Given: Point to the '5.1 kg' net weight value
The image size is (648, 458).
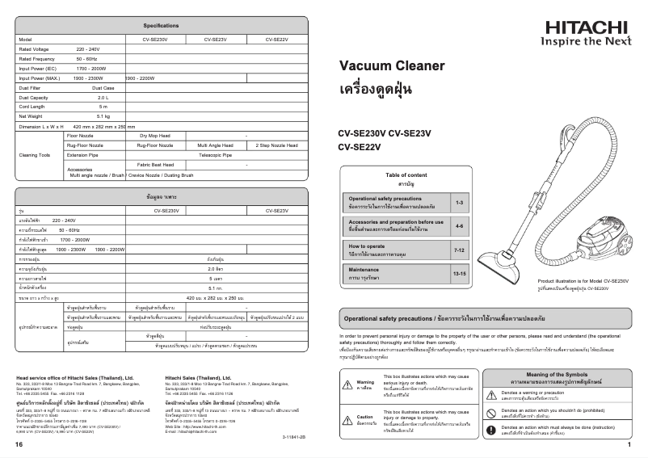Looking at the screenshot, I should (103, 116).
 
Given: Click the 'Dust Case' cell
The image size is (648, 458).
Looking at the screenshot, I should (103, 87).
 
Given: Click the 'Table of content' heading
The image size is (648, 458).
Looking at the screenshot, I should (406, 175).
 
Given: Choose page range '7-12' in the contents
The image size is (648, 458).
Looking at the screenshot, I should (459, 251).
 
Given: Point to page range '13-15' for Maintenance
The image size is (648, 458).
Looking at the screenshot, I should (459, 275).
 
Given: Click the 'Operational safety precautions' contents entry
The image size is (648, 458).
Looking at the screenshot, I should (385, 198).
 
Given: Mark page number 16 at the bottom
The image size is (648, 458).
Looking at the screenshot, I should (19, 445).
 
